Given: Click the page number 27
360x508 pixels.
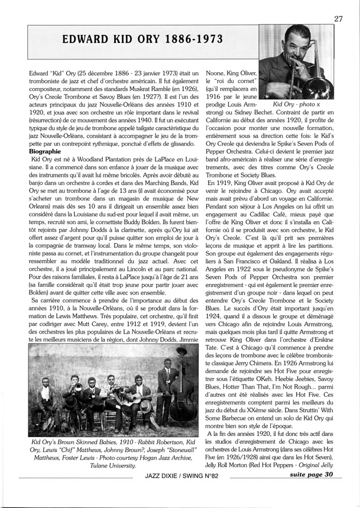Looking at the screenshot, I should coord(339,18).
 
